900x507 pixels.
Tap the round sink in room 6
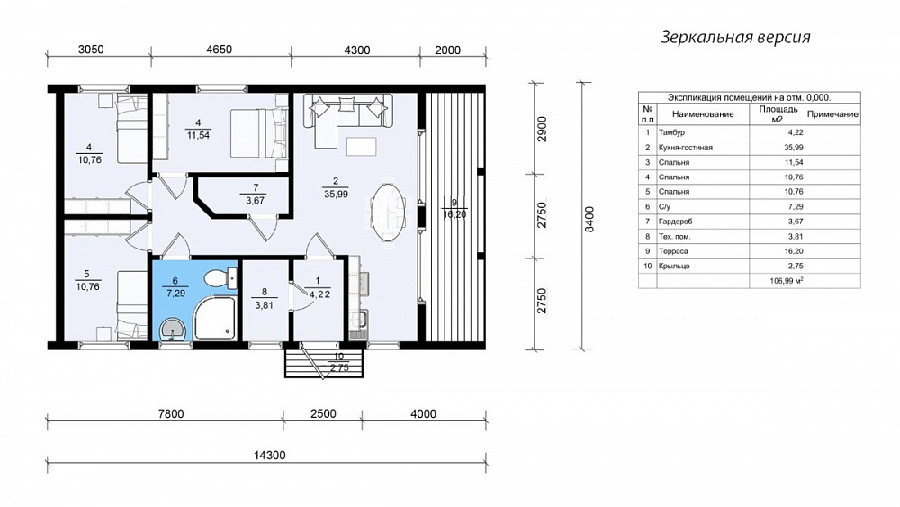coord(173,330)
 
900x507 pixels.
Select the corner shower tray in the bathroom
coord(215,318)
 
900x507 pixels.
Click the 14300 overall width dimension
coord(269,456)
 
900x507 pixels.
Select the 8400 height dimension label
coord(589,219)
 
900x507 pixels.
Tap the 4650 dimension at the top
coord(219,50)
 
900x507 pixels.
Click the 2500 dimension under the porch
coord(323,413)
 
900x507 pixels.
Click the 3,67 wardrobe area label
coord(255,201)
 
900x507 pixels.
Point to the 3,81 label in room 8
coord(264,305)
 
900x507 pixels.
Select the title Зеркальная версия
coord(735,37)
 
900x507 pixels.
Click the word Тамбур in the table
coord(671,132)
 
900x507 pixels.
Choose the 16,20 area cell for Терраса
coord(794,251)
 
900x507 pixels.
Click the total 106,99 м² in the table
coord(787,281)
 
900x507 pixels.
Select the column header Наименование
coord(703,114)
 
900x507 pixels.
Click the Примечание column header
coord(832,114)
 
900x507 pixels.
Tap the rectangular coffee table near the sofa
coord(362,147)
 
